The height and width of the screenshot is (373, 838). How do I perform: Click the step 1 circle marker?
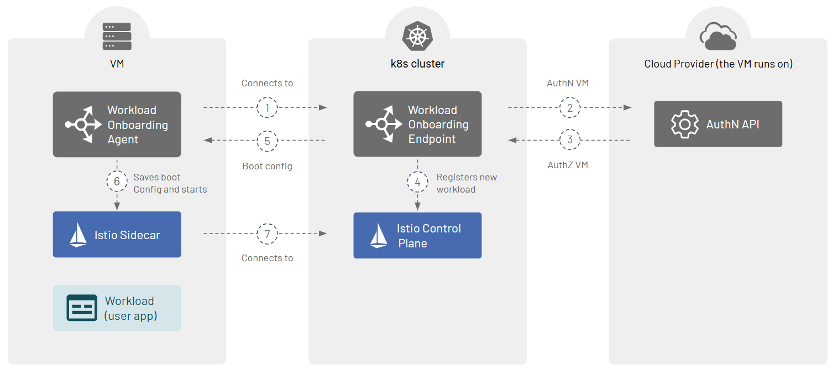tap(268, 108)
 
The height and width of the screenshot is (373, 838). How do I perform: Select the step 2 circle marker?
tap(570, 108)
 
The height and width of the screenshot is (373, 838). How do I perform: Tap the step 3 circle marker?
tap(570, 140)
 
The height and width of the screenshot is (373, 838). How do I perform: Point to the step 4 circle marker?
tap(417, 182)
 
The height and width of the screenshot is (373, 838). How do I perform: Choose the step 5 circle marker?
tap(268, 141)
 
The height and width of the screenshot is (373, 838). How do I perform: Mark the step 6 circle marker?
tap(117, 182)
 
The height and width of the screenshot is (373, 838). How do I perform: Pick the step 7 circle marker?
tap(268, 234)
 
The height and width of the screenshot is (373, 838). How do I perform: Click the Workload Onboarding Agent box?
tap(117, 125)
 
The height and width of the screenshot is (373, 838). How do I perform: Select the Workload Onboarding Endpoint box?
tap(417, 124)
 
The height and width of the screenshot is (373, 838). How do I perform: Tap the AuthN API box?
tap(717, 124)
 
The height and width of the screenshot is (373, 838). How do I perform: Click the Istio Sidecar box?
tap(117, 235)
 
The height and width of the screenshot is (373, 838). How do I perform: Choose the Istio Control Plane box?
tap(417, 236)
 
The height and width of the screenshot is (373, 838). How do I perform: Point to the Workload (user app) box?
tap(117, 308)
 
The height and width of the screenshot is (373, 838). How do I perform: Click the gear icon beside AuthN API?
tap(684, 125)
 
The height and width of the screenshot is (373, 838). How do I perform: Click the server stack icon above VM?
tap(117, 36)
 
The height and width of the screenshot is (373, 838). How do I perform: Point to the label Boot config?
tap(268, 166)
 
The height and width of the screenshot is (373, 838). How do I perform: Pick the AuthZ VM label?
tap(568, 165)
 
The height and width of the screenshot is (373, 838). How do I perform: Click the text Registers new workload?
tap(467, 183)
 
